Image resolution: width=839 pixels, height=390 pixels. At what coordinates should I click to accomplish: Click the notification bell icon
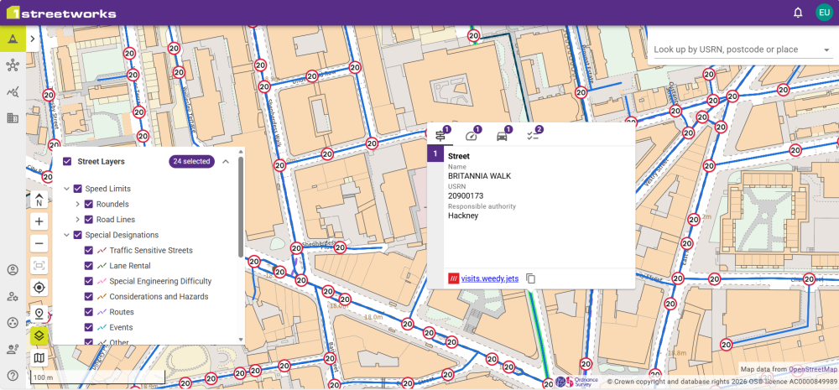(x=798, y=13)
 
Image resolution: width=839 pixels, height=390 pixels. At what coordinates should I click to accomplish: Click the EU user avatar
(x=824, y=13)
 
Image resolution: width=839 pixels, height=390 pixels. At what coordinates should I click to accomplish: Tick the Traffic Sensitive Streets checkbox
(x=89, y=250)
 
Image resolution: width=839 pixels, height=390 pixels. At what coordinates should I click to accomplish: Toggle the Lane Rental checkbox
(x=89, y=266)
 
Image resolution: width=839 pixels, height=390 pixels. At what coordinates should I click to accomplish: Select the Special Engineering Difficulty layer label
(x=160, y=281)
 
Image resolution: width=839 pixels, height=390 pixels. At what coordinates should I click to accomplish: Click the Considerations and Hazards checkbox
(x=89, y=296)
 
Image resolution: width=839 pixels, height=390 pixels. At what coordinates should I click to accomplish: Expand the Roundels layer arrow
(x=77, y=204)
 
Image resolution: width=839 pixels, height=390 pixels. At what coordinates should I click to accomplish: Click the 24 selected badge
(x=191, y=161)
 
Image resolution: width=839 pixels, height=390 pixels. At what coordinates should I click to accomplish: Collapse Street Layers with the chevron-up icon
(x=226, y=161)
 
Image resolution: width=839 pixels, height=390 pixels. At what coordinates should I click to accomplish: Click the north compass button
(x=39, y=200)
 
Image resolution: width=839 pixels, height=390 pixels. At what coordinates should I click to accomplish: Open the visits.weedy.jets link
(x=489, y=278)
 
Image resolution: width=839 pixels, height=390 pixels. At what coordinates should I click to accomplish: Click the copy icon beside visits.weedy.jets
(x=531, y=278)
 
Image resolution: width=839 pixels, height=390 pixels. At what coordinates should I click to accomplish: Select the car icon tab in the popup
(x=503, y=135)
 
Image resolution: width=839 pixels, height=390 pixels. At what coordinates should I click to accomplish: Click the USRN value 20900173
(x=466, y=195)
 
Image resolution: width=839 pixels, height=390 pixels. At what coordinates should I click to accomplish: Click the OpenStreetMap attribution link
(x=813, y=369)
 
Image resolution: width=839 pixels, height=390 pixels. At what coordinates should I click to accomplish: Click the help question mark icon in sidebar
(x=13, y=376)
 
